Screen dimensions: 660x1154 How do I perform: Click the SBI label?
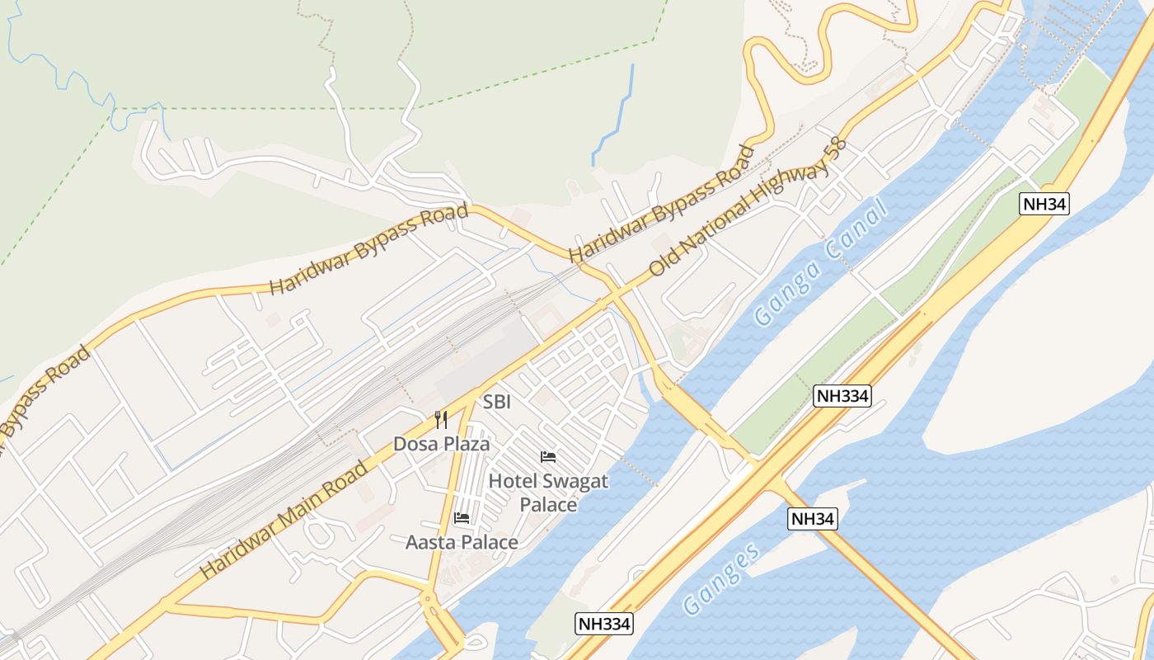tap(497, 403)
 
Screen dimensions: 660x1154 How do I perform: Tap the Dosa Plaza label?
tap(441, 444)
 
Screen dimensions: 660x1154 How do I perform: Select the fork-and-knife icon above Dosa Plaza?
tap(441, 420)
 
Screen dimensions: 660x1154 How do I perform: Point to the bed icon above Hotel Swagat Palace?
tap(548, 457)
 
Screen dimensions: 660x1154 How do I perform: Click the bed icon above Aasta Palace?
tap(462, 518)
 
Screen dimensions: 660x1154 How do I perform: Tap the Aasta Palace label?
tap(462, 542)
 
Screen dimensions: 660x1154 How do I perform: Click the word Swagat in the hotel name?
tap(570, 481)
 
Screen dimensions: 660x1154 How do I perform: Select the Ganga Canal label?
tap(821, 262)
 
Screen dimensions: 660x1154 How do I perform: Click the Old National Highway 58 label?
tap(748, 207)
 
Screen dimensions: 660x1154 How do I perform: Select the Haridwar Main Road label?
tap(284, 521)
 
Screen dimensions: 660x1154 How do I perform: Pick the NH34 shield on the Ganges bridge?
tap(813, 519)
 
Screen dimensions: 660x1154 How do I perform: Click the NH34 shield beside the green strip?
tap(1044, 204)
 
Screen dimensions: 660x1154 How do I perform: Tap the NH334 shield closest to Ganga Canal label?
tap(842, 396)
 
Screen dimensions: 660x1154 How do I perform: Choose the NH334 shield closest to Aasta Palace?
tap(603, 624)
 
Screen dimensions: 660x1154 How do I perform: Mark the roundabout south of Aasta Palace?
tap(428, 600)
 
